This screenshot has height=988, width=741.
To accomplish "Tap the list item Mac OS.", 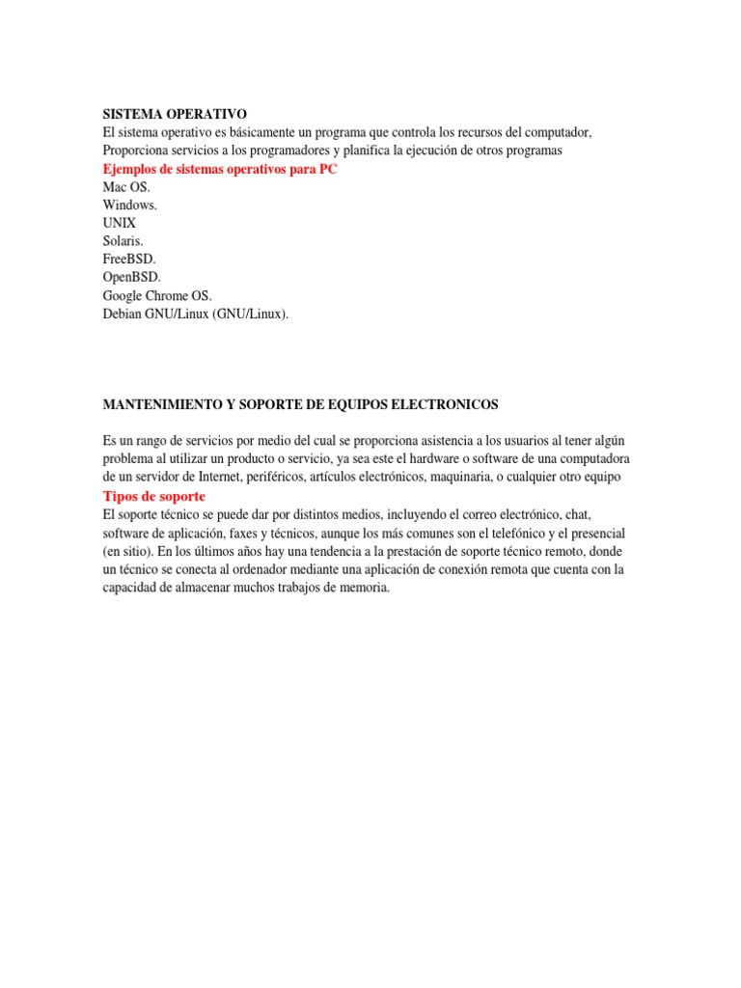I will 126,187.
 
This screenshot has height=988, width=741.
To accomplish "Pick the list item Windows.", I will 130,206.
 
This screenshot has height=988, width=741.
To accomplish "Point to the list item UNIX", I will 120,223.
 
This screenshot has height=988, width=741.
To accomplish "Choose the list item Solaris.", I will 123,241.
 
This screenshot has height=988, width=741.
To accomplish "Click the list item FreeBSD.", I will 129,260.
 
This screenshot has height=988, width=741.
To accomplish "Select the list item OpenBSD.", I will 132,277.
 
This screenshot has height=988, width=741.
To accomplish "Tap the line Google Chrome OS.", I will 157,295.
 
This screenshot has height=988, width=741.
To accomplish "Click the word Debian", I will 123,314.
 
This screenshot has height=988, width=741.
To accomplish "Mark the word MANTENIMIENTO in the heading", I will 160,403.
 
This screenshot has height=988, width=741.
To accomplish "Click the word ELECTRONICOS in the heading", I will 443,403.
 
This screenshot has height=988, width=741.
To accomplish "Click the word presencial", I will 591,534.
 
